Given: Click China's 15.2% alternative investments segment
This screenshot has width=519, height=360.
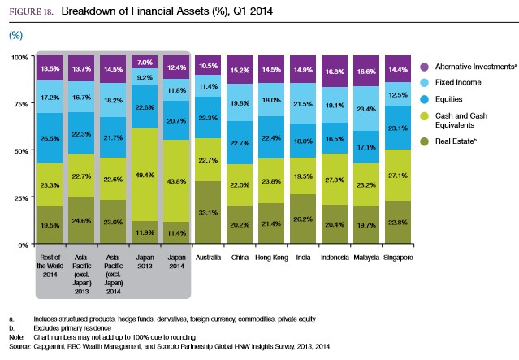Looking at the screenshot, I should [x=240, y=70].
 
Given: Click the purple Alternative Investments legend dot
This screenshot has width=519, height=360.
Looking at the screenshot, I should [x=425, y=66].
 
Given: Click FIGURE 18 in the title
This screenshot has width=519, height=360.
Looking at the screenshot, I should [x=29, y=12].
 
